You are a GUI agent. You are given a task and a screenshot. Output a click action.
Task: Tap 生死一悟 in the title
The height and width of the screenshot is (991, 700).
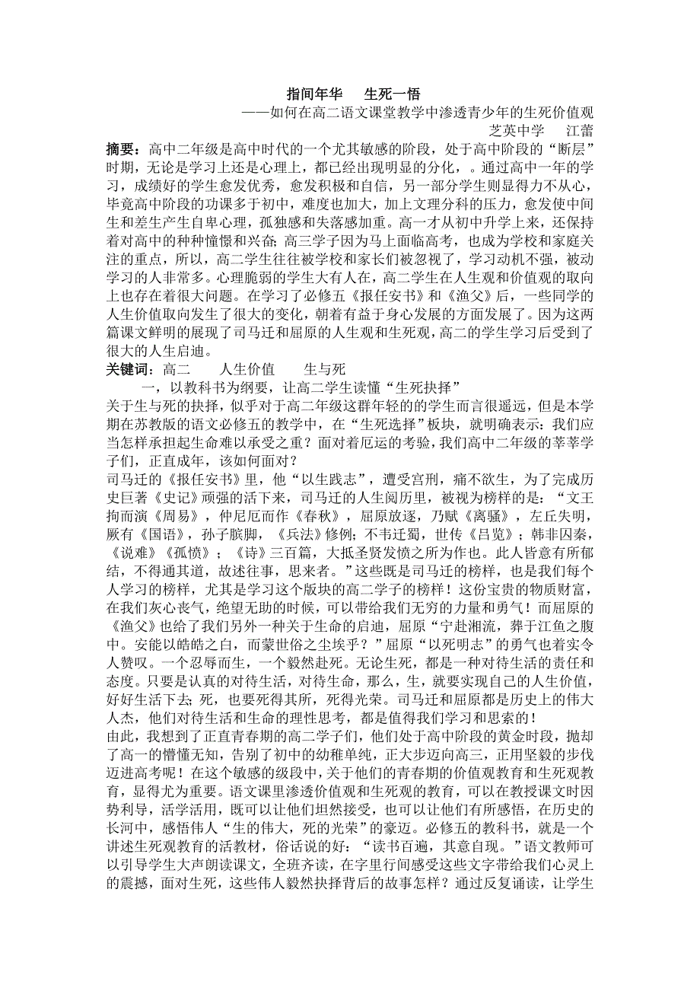click(x=393, y=94)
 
